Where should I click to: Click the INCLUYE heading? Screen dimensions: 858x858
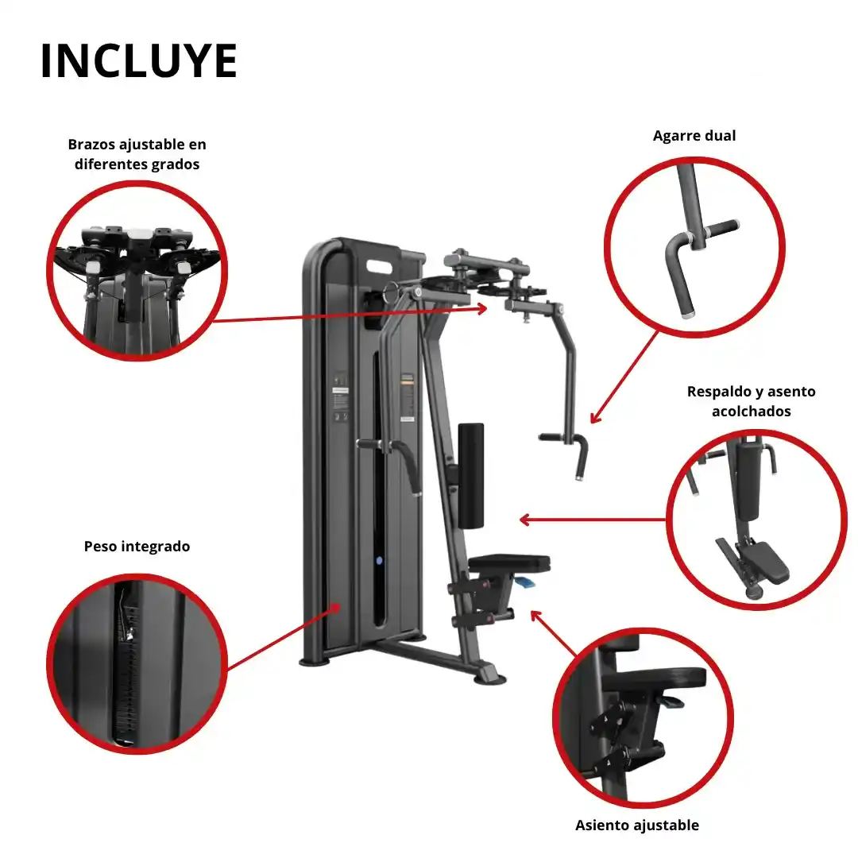click(139, 60)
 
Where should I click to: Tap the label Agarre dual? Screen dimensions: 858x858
click(694, 136)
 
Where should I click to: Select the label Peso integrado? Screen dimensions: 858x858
click(137, 546)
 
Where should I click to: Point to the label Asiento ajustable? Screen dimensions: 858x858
click(637, 825)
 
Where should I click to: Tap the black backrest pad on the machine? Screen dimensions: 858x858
click(470, 476)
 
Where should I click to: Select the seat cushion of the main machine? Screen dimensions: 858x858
click(509, 563)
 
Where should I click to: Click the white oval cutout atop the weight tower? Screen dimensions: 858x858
click(379, 267)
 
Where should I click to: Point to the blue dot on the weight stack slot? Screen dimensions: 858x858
click(379, 560)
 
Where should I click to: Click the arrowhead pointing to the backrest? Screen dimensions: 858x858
click(524, 520)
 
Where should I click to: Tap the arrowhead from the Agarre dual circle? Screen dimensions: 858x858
click(595, 418)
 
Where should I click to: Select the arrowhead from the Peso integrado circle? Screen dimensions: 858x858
click(336, 608)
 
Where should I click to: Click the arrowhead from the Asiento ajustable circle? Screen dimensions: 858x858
click(535, 616)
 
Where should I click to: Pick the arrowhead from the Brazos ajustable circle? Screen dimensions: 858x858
click(481, 308)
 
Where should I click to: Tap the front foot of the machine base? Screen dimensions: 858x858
click(489, 678)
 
